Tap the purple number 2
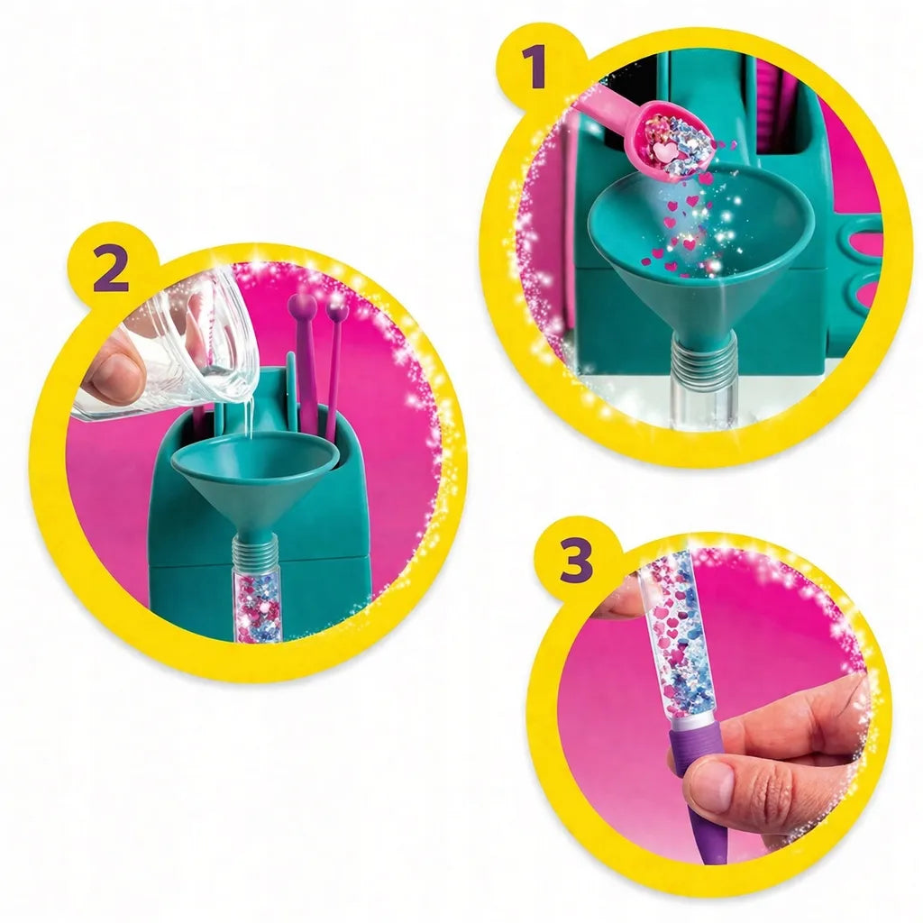[111, 270]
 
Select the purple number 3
[576, 561]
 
